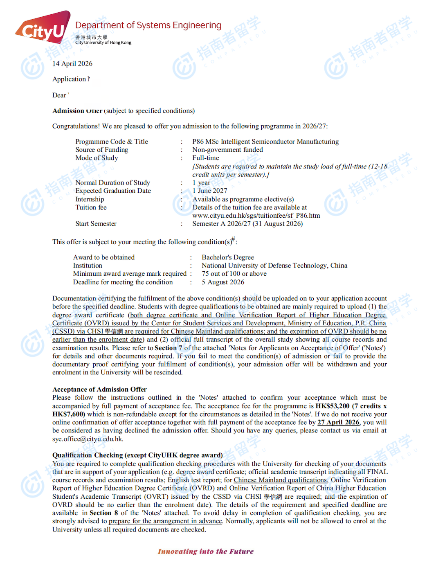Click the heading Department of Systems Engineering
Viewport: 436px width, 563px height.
148,25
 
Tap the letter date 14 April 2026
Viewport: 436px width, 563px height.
72,63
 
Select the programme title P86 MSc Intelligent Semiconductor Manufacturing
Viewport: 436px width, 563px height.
265,142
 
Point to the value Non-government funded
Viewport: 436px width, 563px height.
227,150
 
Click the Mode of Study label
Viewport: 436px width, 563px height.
97,158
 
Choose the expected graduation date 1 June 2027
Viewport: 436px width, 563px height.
209,191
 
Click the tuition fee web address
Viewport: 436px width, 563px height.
256,216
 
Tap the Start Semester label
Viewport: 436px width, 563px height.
96,224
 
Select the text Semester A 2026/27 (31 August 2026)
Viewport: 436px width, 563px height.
247,224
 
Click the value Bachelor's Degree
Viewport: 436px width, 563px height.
227,257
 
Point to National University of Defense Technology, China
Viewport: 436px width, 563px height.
274,266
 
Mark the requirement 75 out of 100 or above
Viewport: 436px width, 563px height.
234,274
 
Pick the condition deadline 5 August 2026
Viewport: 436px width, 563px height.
223,282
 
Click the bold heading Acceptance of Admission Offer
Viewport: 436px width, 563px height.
99,390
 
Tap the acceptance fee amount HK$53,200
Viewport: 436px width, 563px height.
332,406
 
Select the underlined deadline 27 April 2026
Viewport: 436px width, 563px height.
338,422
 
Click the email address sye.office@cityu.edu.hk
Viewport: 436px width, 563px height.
87,439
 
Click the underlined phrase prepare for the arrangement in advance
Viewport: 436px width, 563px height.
165,521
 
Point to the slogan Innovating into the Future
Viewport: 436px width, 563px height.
206,552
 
